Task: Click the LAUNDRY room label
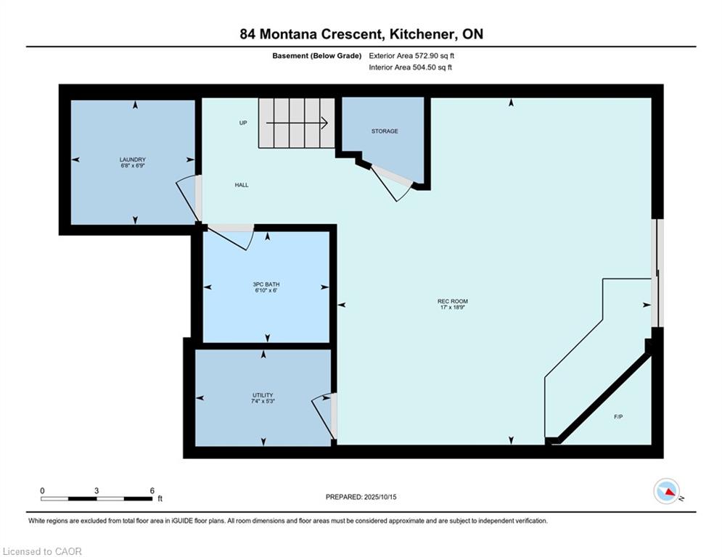tap(133, 160)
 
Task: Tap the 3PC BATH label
tap(266, 284)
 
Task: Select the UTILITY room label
tap(263, 395)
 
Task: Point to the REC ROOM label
tap(453, 302)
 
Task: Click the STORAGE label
tap(385, 131)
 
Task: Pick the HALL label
tap(242, 185)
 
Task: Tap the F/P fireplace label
tap(618, 417)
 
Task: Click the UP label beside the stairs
tap(243, 123)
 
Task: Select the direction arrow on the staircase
tap(297, 123)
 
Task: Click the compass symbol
tap(667, 491)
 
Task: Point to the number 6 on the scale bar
tap(152, 491)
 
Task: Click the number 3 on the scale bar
tap(97, 491)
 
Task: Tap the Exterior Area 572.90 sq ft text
tap(411, 56)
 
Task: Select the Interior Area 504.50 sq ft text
tap(410, 67)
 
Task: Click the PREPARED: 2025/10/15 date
tap(361, 497)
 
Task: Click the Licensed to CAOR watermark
tap(42, 551)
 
